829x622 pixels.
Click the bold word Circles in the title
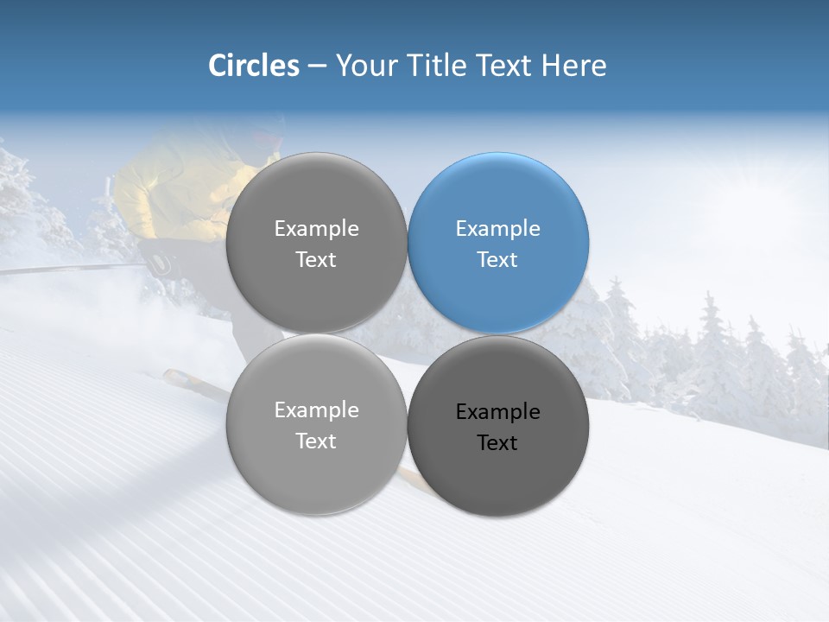(x=254, y=66)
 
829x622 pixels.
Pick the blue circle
(x=498, y=243)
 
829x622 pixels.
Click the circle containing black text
(x=498, y=426)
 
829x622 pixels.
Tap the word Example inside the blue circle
(x=497, y=229)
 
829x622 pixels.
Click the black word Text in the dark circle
(x=497, y=443)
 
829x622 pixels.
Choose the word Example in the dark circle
(x=497, y=412)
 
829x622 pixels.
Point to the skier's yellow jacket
(x=173, y=190)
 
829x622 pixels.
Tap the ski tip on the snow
(x=177, y=378)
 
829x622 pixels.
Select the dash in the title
(x=317, y=66)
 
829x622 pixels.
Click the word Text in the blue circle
(x=497, y=260)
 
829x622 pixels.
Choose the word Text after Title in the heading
(x=505, y=66)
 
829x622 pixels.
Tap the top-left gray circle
(x=316, y=243)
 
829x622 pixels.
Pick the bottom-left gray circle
(x=316, y=424)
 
